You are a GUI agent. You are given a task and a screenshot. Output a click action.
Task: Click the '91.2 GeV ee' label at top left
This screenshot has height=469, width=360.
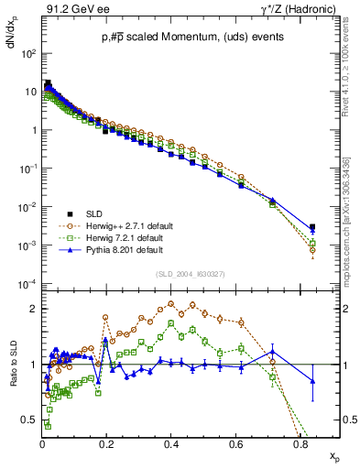click(x=72, y=9)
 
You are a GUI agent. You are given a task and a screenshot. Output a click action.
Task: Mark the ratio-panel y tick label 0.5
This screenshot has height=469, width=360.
click(x=28, y=420)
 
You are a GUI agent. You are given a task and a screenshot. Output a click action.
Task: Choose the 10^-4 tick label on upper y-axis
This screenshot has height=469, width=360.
click(x=28, y=283)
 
